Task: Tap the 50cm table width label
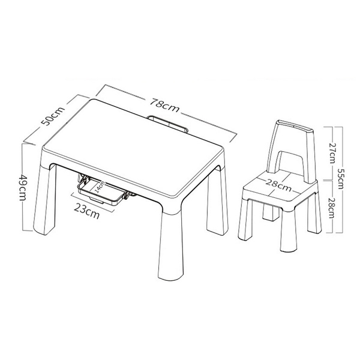click(53, 116)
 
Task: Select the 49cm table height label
click(23, 187)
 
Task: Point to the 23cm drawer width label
click(86, 211)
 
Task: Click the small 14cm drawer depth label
click(100, 186)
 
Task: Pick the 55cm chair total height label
click(340, 179)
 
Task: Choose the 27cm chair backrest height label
click(332, 153)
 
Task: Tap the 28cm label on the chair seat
click(279, 185)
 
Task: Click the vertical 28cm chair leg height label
click(332, 208)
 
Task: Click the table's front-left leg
click(45, 197)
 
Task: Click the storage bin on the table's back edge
click(167, 124)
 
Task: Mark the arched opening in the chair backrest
click(290, 162)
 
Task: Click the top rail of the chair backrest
click(295, 125)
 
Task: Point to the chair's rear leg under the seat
click(271, 212)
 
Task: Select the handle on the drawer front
click(96, 200)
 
